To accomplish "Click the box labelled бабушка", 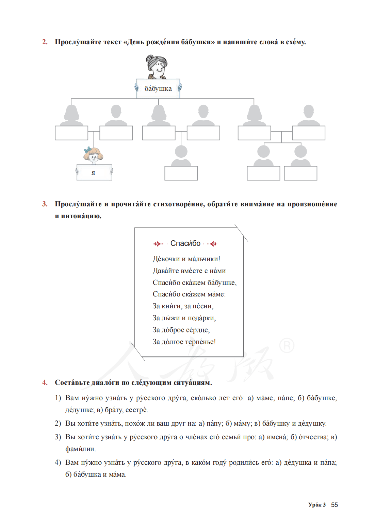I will [x=158, y=89].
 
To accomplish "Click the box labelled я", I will [x=94, y=173].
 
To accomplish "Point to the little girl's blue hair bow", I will [x=88, y=150].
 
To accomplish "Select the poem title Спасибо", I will [x=185, y=243].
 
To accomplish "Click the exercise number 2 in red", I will [x=45, y=42].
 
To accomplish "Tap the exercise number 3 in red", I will [x=45, y=204].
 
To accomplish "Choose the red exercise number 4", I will [x=45, y=383].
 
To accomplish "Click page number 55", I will [x=335, y=505].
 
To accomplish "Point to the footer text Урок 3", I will [x=317, y=505].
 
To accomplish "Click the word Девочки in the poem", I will [x=166, y=259].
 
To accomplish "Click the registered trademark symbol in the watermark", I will [x=287, y=345].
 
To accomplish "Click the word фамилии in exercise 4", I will [x=80, y=449].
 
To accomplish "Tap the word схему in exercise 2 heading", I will [x=295, y=42].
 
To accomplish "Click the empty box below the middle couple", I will [x=181, y=173].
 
